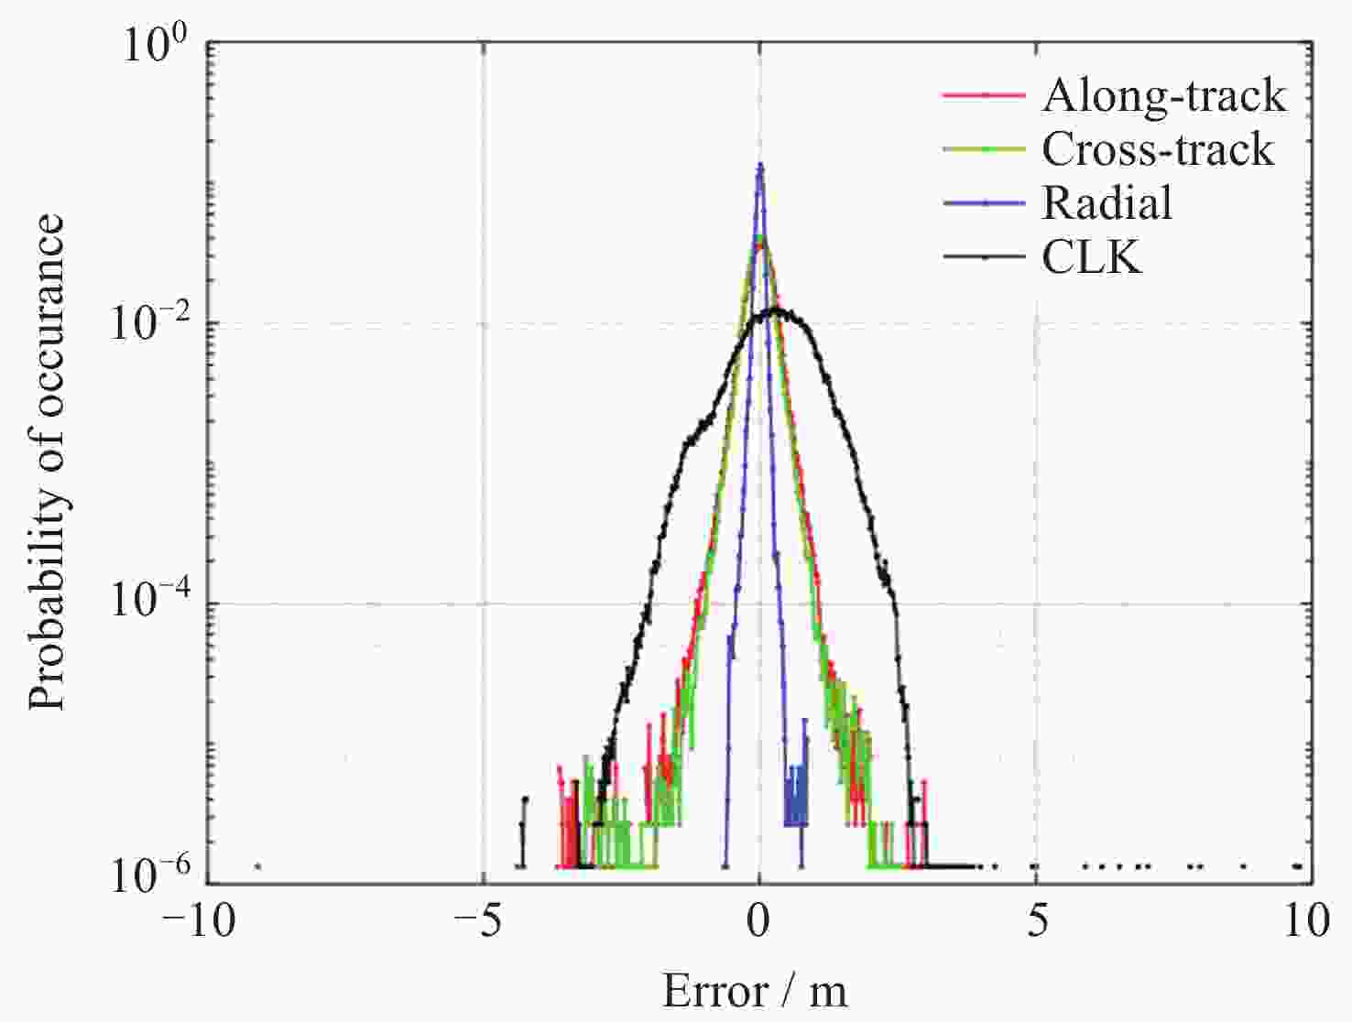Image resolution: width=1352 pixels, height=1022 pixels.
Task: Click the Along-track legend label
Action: [1163, 95]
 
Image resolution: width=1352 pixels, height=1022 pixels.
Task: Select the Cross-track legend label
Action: [1158, 149]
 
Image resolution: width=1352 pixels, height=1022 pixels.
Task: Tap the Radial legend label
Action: [1107, 203]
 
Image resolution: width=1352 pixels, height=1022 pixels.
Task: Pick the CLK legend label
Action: [1092, 257]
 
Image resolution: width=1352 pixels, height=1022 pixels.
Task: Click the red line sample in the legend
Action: [984, 94]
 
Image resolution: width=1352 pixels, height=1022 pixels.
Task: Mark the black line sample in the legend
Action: [984, 257]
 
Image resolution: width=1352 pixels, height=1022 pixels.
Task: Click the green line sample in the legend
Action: [984, 149]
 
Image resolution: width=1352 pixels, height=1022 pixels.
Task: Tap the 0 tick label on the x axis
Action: [759, 921]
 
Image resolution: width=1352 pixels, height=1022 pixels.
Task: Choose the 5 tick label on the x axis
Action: [1036, 921]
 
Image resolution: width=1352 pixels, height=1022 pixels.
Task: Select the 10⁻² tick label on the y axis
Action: [148, 325]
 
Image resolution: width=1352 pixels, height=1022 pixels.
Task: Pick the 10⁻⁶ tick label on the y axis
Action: [148, 877]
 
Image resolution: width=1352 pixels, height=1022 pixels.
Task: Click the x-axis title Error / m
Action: [756, 991]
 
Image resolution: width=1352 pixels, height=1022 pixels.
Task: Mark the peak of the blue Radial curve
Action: [759, 165]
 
